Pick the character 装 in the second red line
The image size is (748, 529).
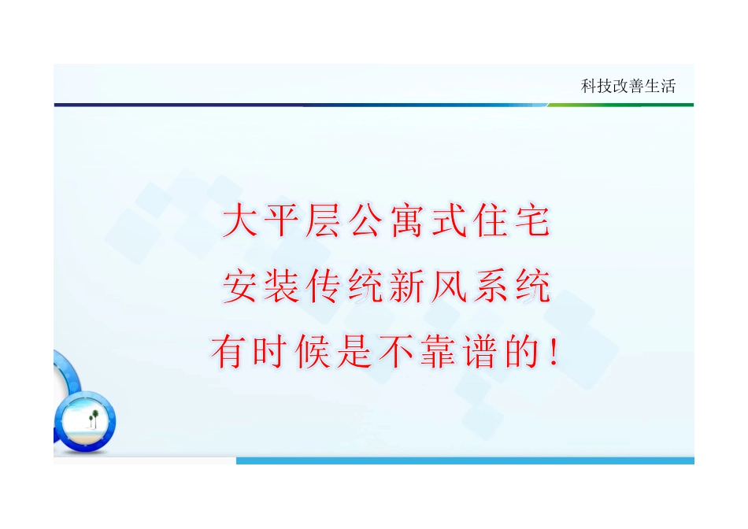coord(283,287)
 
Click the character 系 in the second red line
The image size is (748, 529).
coord(489,287)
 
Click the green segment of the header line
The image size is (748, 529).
coord(622,105)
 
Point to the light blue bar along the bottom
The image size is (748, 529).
coord(465,461)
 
